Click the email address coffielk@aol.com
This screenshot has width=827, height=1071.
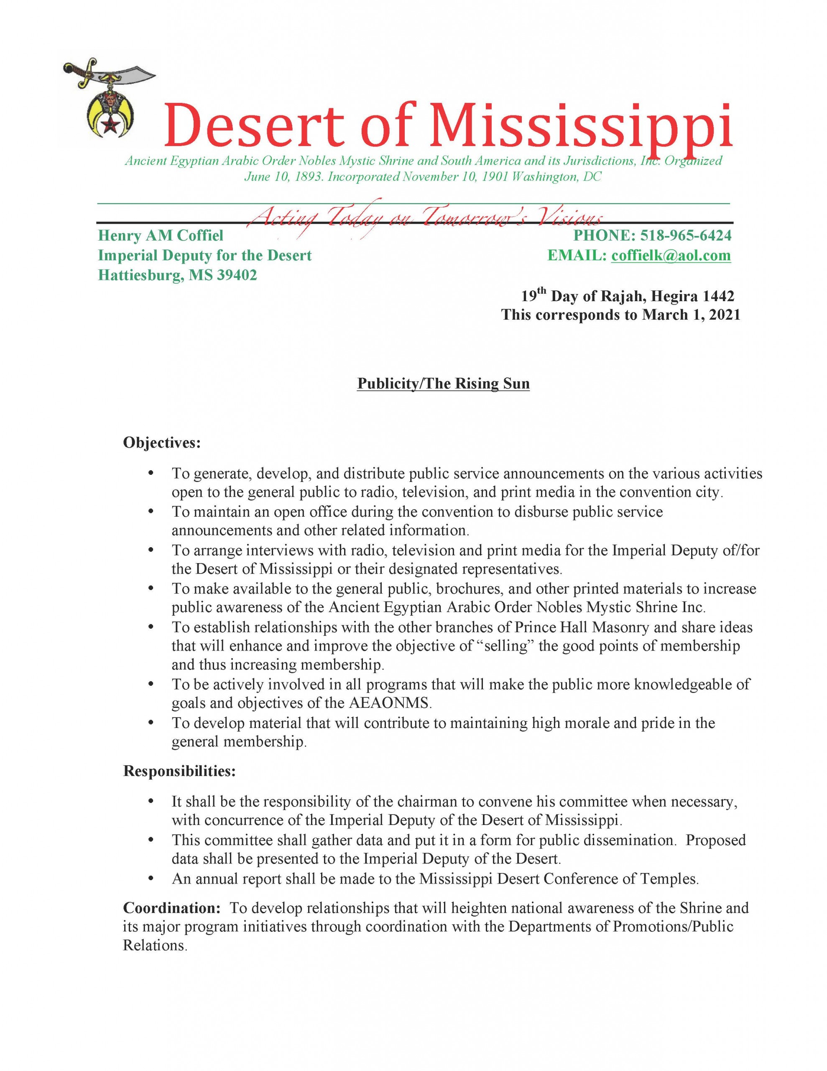[x=671, y=256]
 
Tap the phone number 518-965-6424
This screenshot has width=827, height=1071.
[x=686, y=236]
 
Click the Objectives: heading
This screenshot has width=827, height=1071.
[x=162, y=442]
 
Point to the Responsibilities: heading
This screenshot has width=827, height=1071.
[x=179, y=771]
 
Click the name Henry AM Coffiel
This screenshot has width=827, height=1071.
[x=160, y=236]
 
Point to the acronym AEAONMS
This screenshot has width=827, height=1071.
[x=390, y=703]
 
